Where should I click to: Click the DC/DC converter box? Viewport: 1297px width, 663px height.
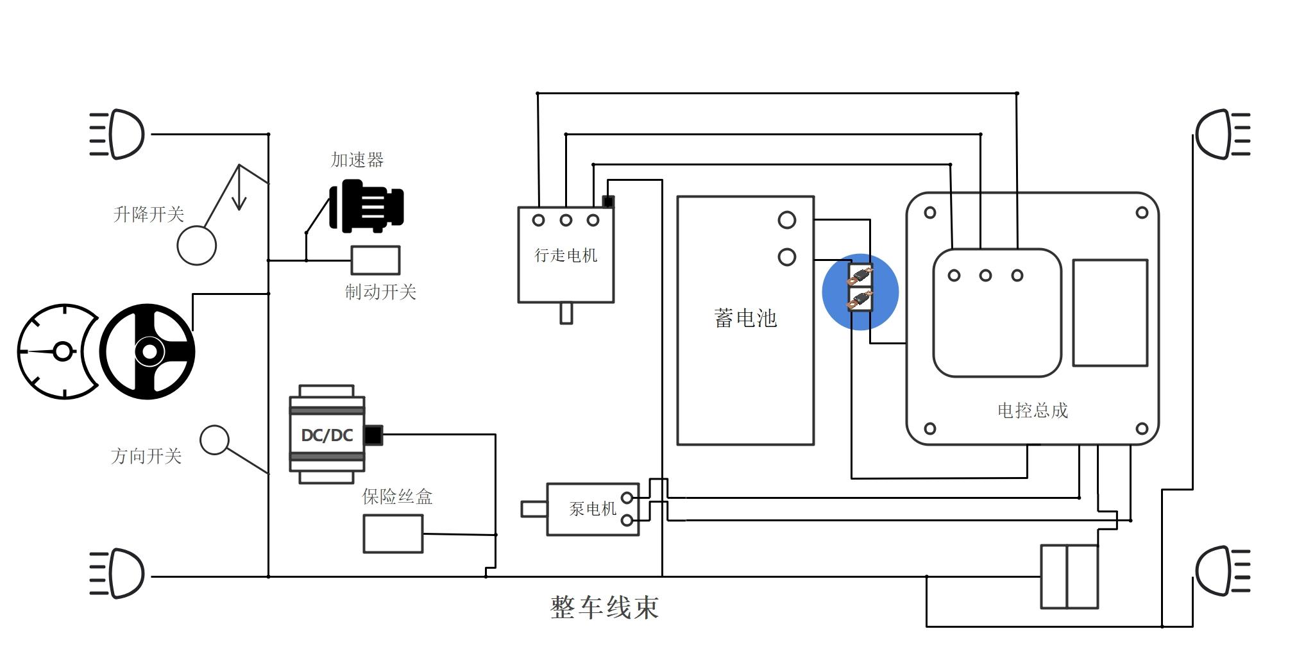(x=327, y=435)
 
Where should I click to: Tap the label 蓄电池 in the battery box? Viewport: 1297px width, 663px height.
(x=745, y=318)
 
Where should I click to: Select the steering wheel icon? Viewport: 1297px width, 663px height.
(x=149, y=351)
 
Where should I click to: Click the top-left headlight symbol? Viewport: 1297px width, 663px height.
(x=119, y=134)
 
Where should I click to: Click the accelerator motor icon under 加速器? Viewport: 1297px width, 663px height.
(x=366, y=206)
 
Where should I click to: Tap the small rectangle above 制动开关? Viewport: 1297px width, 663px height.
(x=375, y=260)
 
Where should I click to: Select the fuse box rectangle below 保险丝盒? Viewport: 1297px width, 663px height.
(x=393, y=533)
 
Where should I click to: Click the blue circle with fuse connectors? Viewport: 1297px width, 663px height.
(x=860, y=292)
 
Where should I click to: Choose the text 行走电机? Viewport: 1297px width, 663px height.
(x=566, y=255)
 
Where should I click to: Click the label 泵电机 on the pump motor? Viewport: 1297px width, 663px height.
(x=593, y=509)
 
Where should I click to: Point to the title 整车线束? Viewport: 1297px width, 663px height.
(x=605, y=607)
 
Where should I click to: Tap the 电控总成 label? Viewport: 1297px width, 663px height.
(x=1033, y=410)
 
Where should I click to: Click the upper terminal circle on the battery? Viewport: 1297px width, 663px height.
(x=787, y=221)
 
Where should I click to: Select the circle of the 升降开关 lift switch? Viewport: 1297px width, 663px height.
(x=197, y=246)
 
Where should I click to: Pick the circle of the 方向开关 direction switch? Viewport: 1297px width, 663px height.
(x=214, y=440)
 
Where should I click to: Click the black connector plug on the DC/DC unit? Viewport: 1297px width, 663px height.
(x=373, y=435)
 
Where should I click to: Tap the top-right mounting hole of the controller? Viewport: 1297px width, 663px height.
(x=1142, y=213)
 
